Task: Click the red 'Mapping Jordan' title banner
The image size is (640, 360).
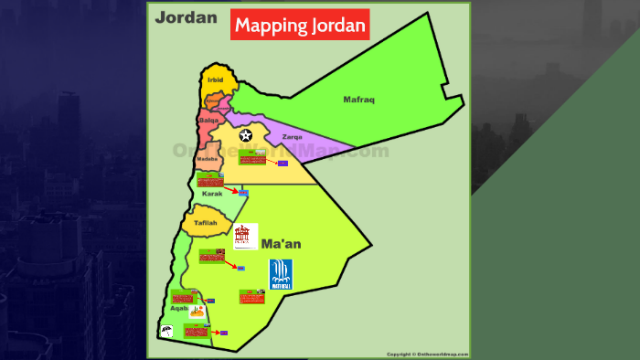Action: pyautogui.click(x=300, y=25)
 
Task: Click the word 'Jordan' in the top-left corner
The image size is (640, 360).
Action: pyautogui.click(x=186, y=17)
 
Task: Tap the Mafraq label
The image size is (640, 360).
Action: pyautogui.click(x=358, y=99)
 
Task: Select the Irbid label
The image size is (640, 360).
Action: pyautogui.click(x=216, y=80)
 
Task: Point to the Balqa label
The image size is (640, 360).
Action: pyautogui.click(x=208, y=120)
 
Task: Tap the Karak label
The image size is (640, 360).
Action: pyautogui.click(x=211, y=194)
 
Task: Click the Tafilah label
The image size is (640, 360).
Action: pyautogui.click(x=205, y=222)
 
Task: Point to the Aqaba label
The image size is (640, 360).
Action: pyautogui.click(x=181, y=308)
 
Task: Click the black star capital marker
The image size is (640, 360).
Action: pyautogui.click(x=245, y=135)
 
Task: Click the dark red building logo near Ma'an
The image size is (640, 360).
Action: pyautogui.click(x=245, y=236)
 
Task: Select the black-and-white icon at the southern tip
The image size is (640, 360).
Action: pyautogui.click(x=167, y=329)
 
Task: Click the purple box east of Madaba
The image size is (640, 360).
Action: pyautogui.click(x=283, y=163)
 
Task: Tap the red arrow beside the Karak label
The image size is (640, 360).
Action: pyautogui.click(x=232, y=192)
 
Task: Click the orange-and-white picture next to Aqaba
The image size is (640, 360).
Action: pyautogui.click(x=196, y=311)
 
